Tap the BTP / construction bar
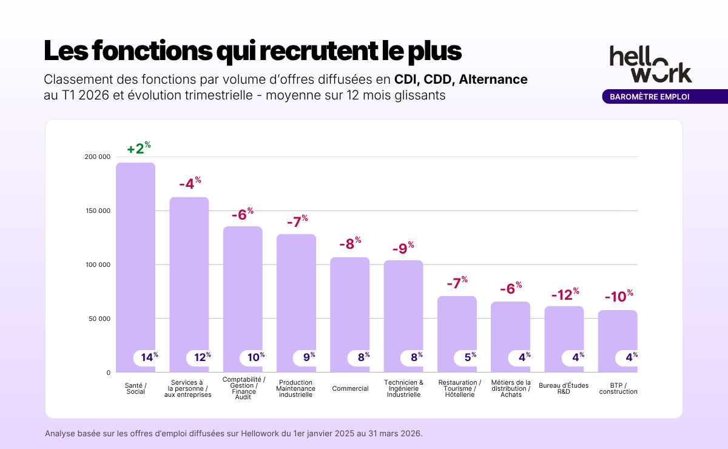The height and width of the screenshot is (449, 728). [x=618, y=334]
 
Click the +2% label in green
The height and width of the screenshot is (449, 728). [x=138, y=149]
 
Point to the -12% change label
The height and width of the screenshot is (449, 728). [x=565, y=295]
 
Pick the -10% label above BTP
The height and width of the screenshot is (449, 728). [x=619, y=297]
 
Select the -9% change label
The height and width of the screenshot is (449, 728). [x=403, y=248]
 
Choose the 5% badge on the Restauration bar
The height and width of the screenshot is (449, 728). [x=470, y=357]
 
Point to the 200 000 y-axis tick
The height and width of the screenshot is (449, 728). [x=98, y=157]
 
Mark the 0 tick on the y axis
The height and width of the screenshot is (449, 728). [x=108, y=373]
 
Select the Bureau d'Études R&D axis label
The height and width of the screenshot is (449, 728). [x=564, y=388]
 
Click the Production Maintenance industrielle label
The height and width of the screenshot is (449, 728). [x=296, y=388]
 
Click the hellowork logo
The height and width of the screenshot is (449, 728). [x=650, y=63]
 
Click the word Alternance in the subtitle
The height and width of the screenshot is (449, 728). [x=493, y=79]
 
